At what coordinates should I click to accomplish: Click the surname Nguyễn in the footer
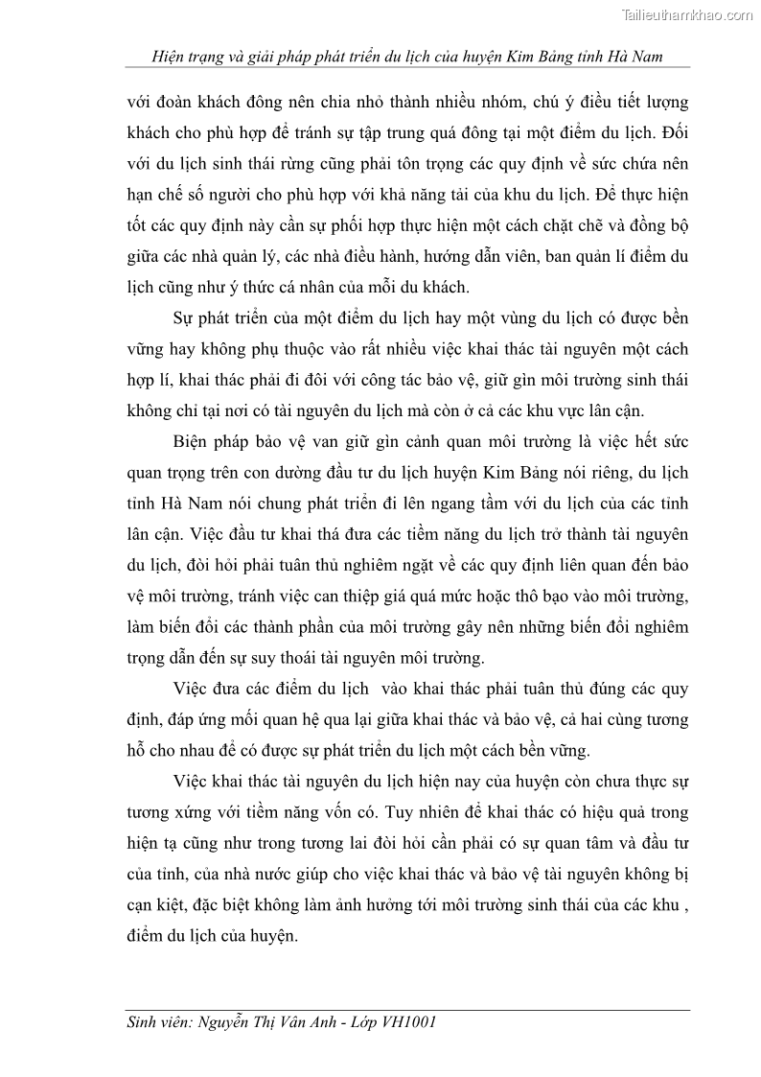229,1022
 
